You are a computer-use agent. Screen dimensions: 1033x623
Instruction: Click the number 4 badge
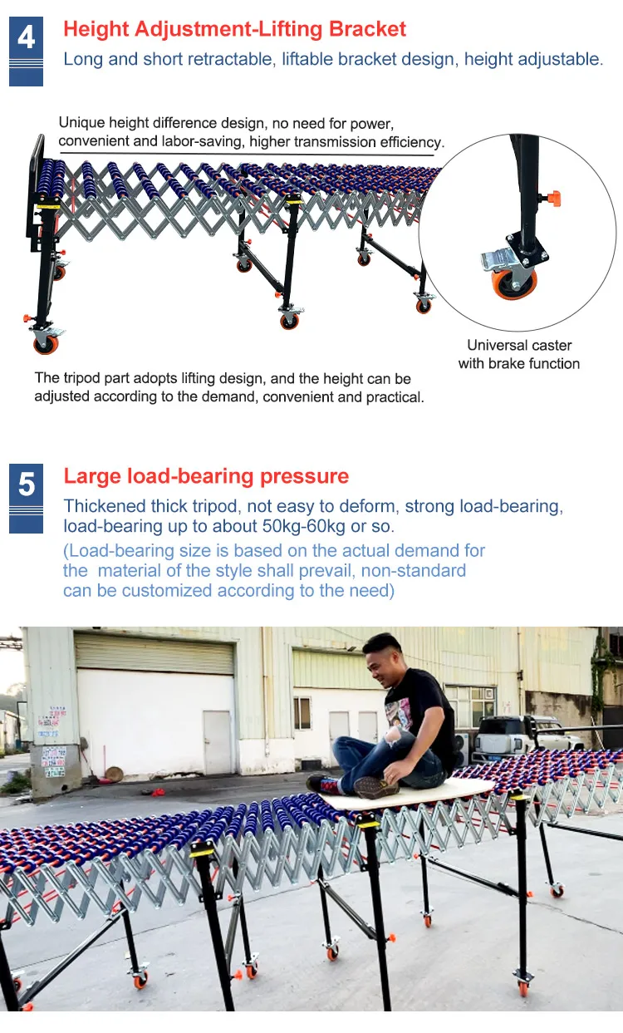coord(26,38)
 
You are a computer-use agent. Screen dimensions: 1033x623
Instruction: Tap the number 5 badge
coord(26,485)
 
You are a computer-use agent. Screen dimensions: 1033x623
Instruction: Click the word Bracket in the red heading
coord(367,30)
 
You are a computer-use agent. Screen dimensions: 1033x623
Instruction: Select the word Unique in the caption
coord(81,123)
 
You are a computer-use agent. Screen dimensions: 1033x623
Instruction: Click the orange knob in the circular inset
coord(553,198)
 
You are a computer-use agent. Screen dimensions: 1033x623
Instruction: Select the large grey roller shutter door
coord(155,653)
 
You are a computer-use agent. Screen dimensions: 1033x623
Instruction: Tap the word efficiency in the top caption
coord(411,142)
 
